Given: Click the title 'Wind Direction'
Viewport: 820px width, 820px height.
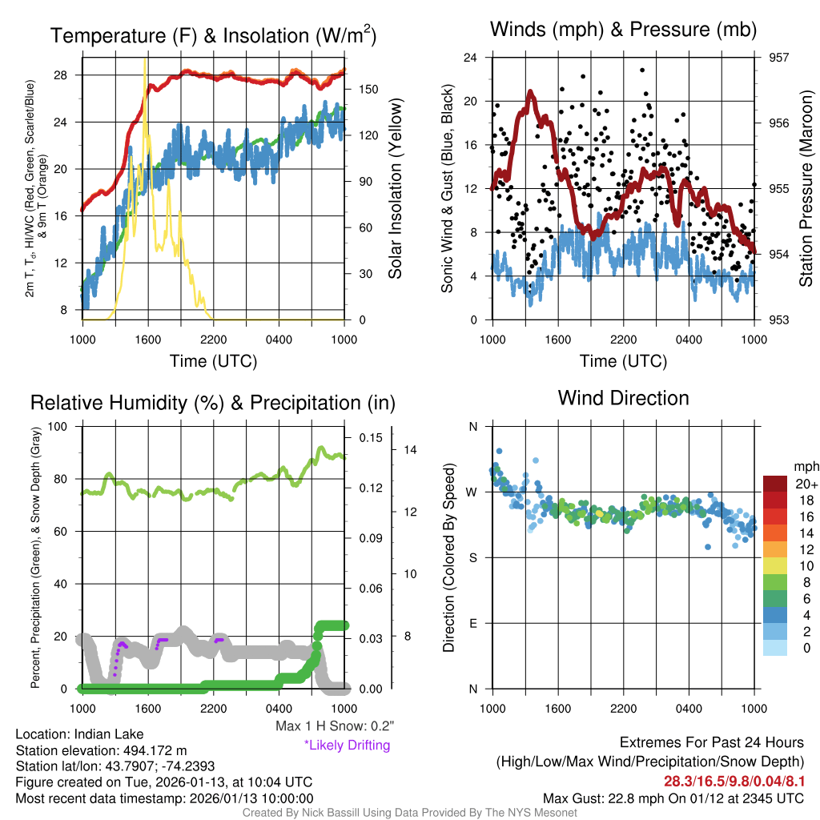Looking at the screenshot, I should tap(623, 398).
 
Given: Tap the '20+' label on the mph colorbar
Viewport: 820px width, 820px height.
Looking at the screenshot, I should tap(805, 484).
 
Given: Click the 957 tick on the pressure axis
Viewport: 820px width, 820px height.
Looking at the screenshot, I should tap(779, 58).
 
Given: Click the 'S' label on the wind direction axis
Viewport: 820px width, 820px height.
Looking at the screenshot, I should tap(472, 557).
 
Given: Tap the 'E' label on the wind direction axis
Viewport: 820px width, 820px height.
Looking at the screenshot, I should tap(472, 623).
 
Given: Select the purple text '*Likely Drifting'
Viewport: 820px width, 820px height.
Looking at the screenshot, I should tap(347, 745).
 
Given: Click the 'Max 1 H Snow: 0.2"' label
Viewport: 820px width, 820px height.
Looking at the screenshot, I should tap(334, 726).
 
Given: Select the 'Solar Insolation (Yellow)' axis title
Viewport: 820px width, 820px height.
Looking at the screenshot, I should tap(395, 189).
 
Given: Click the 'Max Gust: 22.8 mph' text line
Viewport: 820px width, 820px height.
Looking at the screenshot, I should tap(673, 798).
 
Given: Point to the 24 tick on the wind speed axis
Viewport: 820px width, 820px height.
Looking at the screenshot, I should tap(471, 58).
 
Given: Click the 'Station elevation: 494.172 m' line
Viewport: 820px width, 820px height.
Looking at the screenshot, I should tap(101, 750).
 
